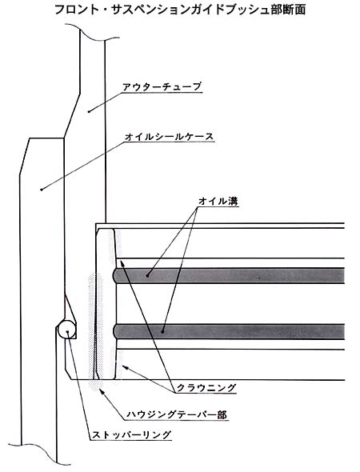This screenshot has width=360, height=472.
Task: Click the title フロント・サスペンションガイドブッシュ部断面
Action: pyautogui.click(x=180, y=10)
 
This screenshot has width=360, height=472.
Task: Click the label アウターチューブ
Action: pyautogui.click(x=162, y=86)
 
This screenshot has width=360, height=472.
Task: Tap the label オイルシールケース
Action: pyautogui.click(x=169, y=137)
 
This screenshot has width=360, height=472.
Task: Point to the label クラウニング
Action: pyautogui.click(x=206, y=388)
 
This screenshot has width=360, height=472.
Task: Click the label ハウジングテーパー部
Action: pyautogui.click(x=176, y=414)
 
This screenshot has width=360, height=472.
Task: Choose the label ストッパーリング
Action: pyautogui.click(x=131, y=434)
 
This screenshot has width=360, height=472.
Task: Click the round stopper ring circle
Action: pyautogui.click(x=66, y=330)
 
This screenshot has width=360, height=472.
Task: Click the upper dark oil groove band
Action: pyautogui.click(x=229, y=275)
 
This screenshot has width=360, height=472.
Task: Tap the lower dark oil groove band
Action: pyautogui.click(x=229, y=331)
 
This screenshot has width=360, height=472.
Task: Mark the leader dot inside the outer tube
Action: pyautogui.click(x=89, y=112)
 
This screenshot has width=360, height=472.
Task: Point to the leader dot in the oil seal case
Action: pyautogui.click(x=42, y=190)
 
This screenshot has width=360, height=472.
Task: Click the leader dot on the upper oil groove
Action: pyautogui.click(x=147, y=275)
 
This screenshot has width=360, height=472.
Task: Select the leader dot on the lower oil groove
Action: pyautogui.click(x=162, y=332)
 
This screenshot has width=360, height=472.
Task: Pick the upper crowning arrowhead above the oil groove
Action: pyautogui.click(x=122, y=264)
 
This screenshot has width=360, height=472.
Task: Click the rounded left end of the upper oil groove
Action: pyautogui.click(x=115, y=275)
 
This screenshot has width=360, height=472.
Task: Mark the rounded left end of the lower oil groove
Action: pyautogui.click(x=115, y=331)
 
